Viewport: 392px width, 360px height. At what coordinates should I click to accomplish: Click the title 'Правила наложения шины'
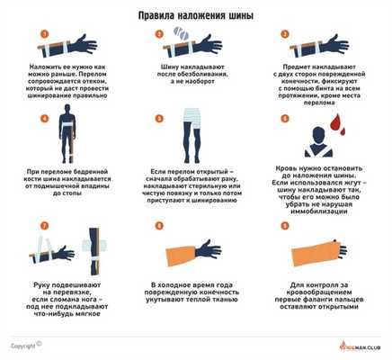click(x=196, y=15)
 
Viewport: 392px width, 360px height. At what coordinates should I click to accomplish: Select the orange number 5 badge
click(x=160, y=117)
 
